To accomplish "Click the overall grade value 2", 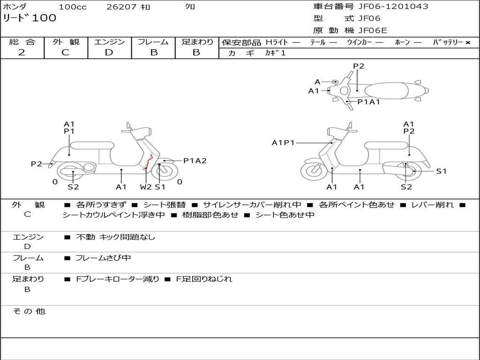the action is pyautogui.click(x=22, y=52).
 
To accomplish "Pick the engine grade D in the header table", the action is pyautogui.click(x=109, y=52).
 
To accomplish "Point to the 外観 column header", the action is pyautogui.click(x=66, y=42).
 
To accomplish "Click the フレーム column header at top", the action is pyautogui.click(x=153, y=42).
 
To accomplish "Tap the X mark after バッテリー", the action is pyautogui.click(x=467, y=43).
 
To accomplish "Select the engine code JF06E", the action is pyautogui.click(x=373, y=31).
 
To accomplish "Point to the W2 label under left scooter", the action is pyautogui.click(x=146, y=187).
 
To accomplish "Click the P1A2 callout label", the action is pyautogui.click(x=195, y=161).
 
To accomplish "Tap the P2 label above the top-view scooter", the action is pyautogui.click(x=359, y=66).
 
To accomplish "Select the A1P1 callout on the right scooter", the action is pyautogui.click(x=283, y=142).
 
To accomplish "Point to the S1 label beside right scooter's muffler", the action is pyautogui.click(x=441, y=171).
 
